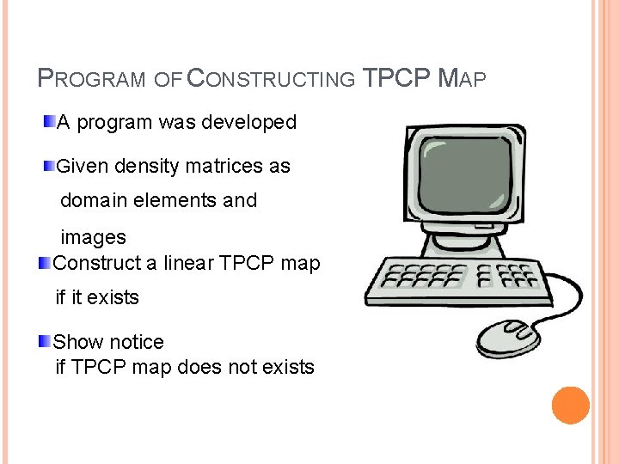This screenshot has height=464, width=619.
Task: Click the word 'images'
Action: pos(93,237)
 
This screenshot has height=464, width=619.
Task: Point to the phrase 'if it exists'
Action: pos(97,298)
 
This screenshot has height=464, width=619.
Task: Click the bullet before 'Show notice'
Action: pos(44,341)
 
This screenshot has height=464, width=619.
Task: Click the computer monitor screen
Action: pos(461,168)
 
